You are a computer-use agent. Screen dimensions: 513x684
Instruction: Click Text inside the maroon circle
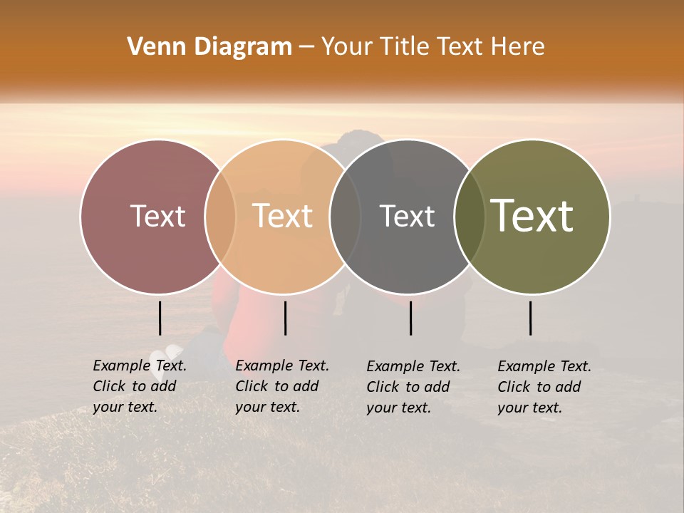tap(157, 216)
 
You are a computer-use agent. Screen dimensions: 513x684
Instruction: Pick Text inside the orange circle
tap(282, 216)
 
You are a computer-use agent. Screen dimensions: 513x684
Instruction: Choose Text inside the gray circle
tap(407, 216)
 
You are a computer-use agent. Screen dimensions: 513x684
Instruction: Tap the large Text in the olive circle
tap(532, 216)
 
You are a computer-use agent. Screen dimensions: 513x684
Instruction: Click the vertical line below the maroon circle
tap(160, 318)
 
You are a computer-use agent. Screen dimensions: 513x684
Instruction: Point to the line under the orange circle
tap(285, 318)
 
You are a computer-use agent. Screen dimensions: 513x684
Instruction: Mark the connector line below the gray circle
tap(410, 318)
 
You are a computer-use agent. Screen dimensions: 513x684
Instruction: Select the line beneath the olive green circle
tap(530, 318)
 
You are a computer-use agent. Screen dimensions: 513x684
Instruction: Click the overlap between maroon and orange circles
tap(220, 216)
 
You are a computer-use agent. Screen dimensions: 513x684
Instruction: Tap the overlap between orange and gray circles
tap(346, 216)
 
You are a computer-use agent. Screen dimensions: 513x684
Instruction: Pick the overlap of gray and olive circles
tap(470, 216)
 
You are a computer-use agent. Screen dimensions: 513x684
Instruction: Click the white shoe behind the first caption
tap(168, 354)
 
